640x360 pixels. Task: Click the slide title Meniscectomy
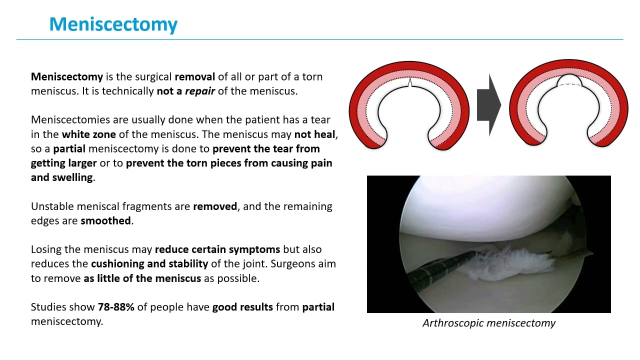(x=113, y=24)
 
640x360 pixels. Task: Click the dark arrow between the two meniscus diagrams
(x=488, y=105)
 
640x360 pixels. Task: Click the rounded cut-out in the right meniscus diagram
(x=568, y=82)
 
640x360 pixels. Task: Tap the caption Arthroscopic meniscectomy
(x=488, y=323)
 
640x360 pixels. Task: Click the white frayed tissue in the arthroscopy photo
(x=515, y=260)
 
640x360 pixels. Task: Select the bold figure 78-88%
(x=116, y=307)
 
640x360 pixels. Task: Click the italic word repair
(x=199, y=91)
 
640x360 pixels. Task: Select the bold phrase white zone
(x=88, y=134)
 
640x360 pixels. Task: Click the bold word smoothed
(x=105, y=220)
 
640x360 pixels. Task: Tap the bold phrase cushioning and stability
(x=149, y=263)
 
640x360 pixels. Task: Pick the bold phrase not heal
(x=315, y=134)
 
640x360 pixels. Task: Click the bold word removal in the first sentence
(x=194, y=77)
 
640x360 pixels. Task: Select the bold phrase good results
(x=242, y=307)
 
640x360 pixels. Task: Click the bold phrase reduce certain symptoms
(x=217, y=249)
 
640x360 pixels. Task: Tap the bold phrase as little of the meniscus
(x=142, y=278)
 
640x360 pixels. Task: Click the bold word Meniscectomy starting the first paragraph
(x=66, y=77)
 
